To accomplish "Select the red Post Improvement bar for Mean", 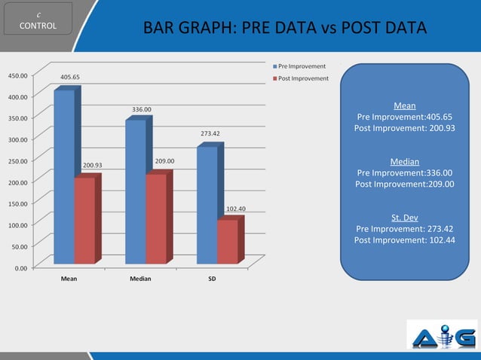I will pos(84,220).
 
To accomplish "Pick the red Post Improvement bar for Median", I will pos(156,218).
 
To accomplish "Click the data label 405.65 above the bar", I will pos(70,77).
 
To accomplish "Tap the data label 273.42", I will pos(210,133).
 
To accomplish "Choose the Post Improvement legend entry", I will pos(299,78).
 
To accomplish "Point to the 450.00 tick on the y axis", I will pos(18,75).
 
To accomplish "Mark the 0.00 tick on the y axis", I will pos(22,267).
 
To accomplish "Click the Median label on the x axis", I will pos(140,279).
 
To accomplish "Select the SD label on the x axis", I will pos(212,279).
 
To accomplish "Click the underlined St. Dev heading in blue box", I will pos(405,218).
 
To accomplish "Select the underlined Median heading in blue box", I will pos(405,161).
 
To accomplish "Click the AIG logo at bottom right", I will pos(441,335).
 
